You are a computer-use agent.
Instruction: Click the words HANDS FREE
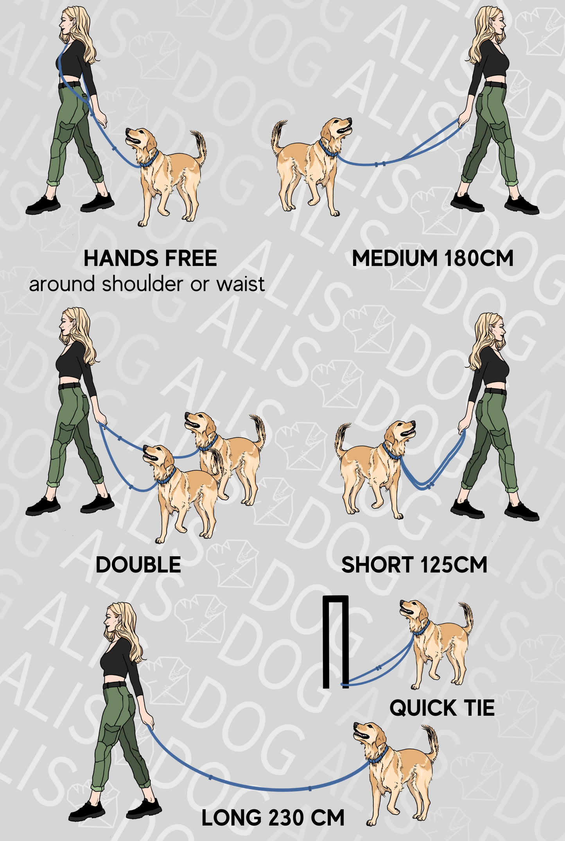pyautogui.click(x=150, y=259)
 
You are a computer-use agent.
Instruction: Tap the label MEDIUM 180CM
pyautogui.click(x=432, y=259)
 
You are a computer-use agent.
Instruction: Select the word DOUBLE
pyautogui.click(x=138, y=565)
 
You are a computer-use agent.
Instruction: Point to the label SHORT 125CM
pyautogui.click(x=414, y=565)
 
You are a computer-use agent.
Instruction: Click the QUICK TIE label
pyautogui.click(x=442, y=708)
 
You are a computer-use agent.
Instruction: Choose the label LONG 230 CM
pyautogui.click(x=273, y=818)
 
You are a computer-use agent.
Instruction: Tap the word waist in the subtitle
pyautogui.click(x=240, y=284)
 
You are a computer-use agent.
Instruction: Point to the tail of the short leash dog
pyautogui.click(x=341, y=438)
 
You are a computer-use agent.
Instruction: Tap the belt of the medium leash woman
pyautogui.click(x=495, y=84)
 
